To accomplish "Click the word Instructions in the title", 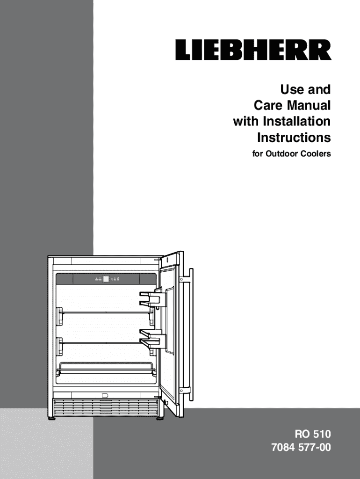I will (294, 138).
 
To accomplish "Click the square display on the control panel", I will (106, 279).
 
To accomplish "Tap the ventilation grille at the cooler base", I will (106, 407).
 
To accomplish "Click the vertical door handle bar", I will (190, 332).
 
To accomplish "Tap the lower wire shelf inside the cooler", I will (106, 342).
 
